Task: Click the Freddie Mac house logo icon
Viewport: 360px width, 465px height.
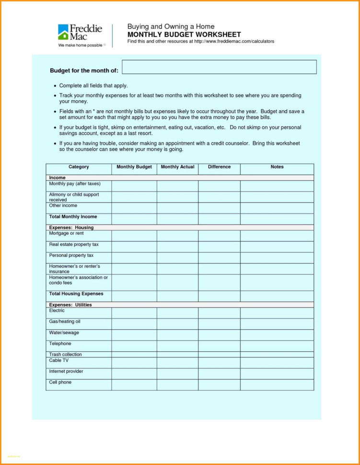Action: click(x=63, y=32)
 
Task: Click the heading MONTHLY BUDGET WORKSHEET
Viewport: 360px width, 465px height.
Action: click(x=184, y=35)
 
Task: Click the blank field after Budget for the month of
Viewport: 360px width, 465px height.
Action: click(x=219, y=67)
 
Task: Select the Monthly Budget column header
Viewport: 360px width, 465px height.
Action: click(x=134, y=167)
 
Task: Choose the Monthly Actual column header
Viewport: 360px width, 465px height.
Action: click(x=177, y=167)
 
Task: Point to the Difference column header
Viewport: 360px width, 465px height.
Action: click(x=219, y=167)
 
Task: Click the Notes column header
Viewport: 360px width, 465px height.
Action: click(x=277, y=167)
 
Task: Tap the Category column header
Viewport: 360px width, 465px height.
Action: click(x=79, y=167)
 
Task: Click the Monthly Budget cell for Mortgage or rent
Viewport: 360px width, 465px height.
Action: click(x=134, y=235)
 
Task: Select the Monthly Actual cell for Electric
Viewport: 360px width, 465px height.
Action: click(x=177, y=313)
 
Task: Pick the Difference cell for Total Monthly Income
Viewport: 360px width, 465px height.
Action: click(x=219, y=219)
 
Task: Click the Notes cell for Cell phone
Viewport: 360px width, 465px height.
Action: click(x=277, y=384)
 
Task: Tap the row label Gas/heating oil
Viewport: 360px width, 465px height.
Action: click(x=65, y=322)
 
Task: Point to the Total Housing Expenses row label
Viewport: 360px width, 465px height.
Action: click(x=76, y=294)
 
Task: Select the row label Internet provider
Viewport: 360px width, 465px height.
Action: click(x=66, y=372)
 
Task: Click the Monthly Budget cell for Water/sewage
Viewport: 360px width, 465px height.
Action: click(x=134, y=335)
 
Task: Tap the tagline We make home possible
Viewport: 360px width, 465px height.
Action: click(x=80, y=45)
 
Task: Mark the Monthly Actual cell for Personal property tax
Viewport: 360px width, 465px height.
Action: click(x=177, y=257)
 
